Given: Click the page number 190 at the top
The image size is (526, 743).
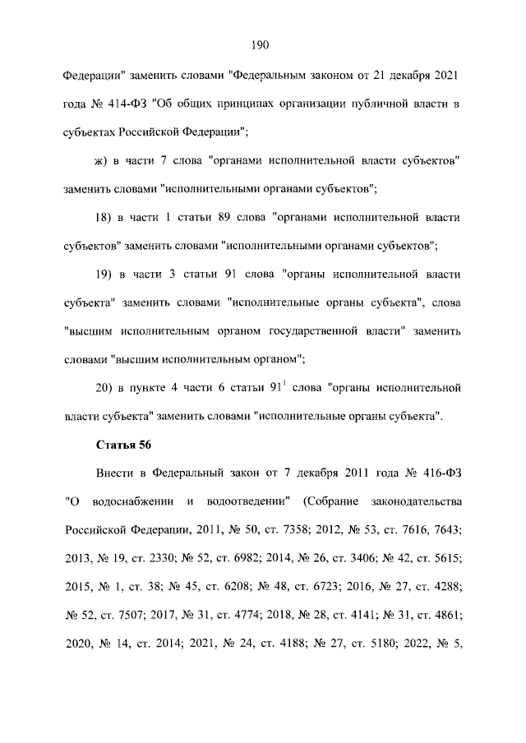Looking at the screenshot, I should point(262,44).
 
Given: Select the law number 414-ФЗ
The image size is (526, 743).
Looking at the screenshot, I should point(122,103).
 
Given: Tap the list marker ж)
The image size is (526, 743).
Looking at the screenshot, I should point(103,159).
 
